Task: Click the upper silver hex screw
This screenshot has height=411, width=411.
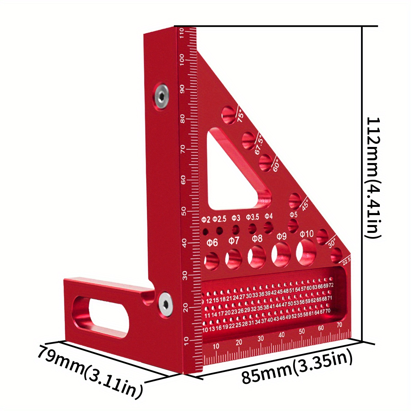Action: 161,97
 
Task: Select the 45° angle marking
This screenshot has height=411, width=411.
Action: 304,205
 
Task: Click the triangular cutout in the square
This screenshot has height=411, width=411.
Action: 233,175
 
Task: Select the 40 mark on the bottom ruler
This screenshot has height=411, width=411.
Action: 282,335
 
